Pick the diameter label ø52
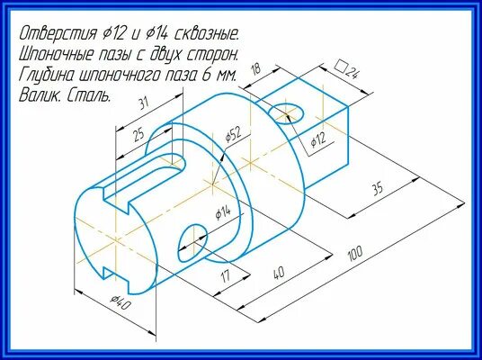233,136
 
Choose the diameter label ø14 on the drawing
223,212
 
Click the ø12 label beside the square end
317,141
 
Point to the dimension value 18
255,69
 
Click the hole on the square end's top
290,113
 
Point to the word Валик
40,94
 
